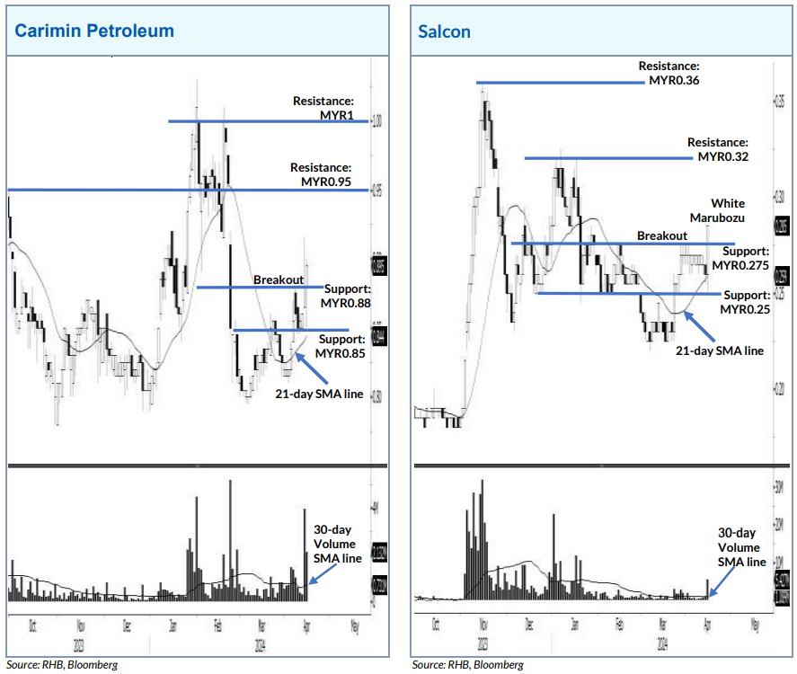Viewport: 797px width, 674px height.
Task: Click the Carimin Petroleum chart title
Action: point(94,31)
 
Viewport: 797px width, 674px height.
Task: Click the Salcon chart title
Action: point(444,31)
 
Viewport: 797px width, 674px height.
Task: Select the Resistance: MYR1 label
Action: point(323,108)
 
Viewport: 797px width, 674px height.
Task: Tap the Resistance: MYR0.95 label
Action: point(320,174)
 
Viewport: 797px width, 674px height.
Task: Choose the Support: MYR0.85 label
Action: point(343,346)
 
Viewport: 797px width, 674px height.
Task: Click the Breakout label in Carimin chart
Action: point(278,280)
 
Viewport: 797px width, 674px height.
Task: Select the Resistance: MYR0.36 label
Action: point(669,73)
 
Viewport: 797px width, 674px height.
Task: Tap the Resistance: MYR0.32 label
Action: point(717,149)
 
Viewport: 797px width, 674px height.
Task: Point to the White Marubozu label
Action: point(719,210)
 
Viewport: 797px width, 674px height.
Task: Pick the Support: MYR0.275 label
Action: point(740,258)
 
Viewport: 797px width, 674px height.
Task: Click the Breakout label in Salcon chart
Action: point(662,235)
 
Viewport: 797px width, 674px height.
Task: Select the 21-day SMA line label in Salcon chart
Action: point(719,350)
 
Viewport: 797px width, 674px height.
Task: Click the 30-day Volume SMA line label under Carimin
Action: point(337,544)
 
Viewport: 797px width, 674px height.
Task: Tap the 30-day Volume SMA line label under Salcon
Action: point(741,547)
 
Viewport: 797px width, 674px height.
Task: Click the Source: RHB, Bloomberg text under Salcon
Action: point(467,665)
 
